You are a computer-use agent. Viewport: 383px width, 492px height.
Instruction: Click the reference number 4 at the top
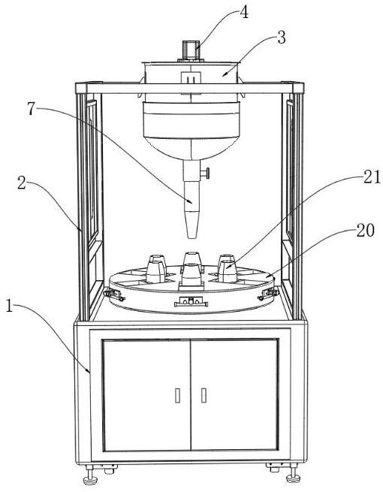(244, 13)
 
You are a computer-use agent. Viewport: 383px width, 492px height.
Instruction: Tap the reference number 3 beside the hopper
(282, 38)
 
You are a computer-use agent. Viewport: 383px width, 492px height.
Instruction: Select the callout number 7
(31, 109)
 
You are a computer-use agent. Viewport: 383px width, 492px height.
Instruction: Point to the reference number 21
(372, 177)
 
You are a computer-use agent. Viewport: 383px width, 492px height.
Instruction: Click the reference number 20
(365, 231)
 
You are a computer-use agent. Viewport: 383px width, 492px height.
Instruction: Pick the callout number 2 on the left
(21, 183)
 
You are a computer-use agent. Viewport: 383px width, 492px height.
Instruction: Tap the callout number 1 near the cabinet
(10, 306)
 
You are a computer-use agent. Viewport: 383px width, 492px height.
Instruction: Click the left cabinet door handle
(177, 395)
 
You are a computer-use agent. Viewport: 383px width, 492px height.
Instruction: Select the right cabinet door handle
(204, 395)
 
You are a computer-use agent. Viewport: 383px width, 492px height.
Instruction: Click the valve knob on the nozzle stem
(206, 174)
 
